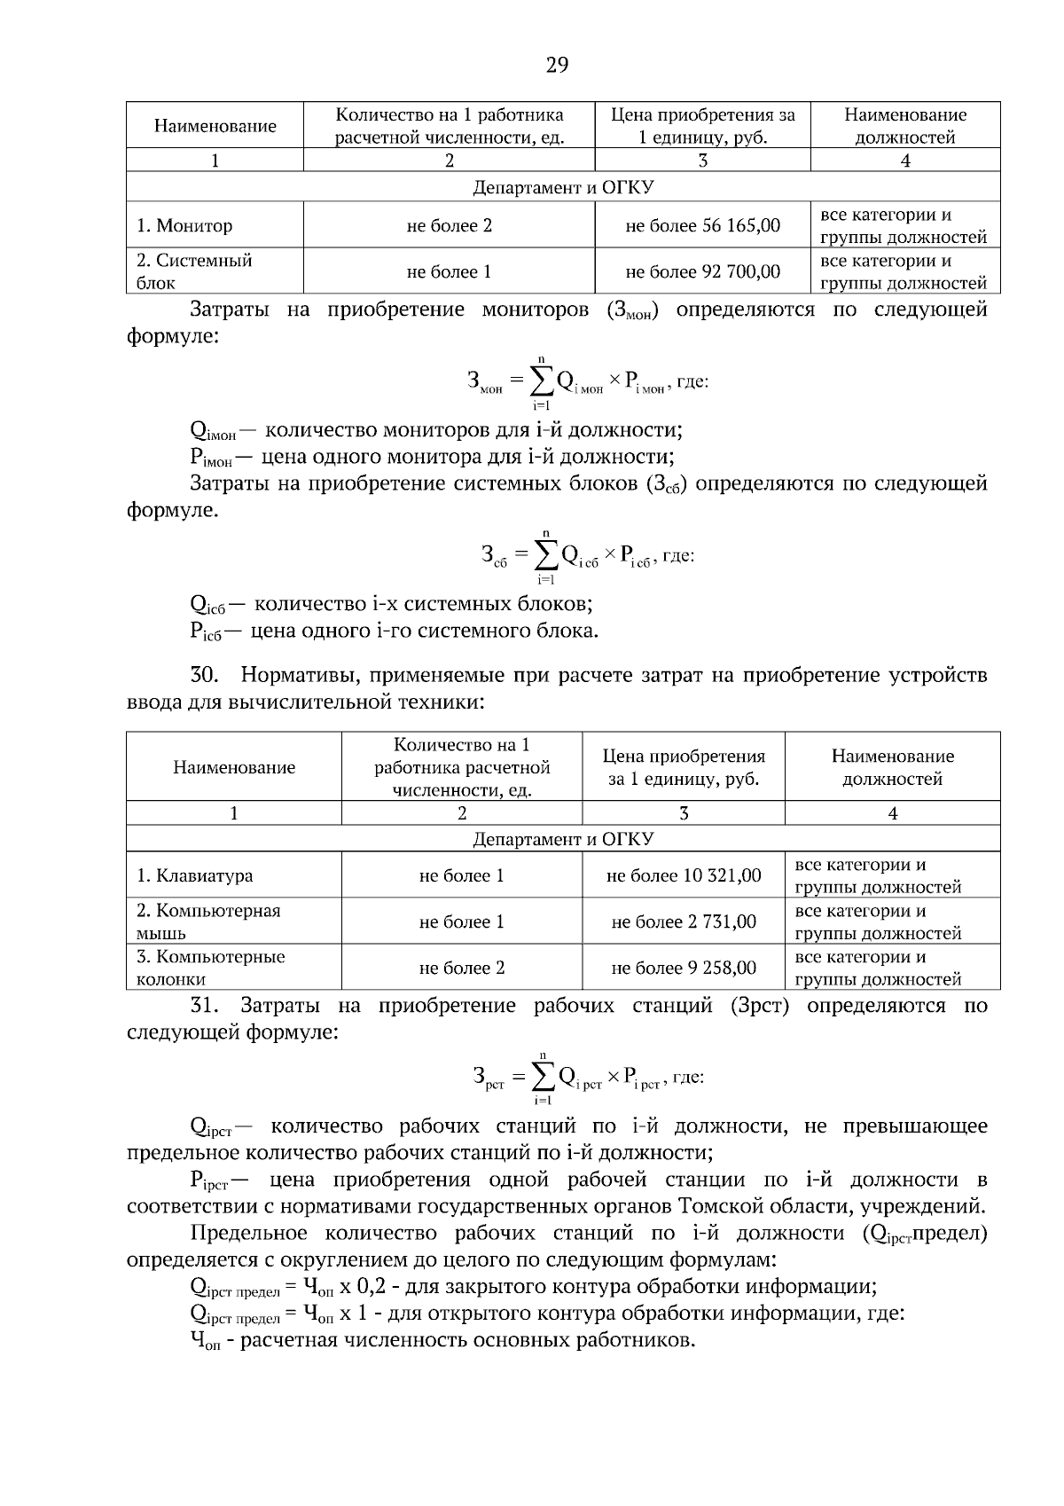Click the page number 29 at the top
(557, 65)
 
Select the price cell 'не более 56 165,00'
(702, 225)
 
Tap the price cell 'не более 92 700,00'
(702, 271)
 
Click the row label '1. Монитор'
(184, 225)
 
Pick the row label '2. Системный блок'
(194, 271)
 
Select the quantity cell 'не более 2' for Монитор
(449, 225)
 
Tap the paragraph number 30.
(204, 675)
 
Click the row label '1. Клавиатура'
(194, 875)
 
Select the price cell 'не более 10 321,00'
(683, 875)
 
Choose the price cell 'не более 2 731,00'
(683, 922)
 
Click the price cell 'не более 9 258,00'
(683, 968)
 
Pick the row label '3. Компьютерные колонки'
(210, 968)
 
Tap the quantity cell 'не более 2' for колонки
(461, 968)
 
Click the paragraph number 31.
(204, 1006)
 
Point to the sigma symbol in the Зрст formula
(544, 1077)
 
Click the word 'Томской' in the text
(715, 1206)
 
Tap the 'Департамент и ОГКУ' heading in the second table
(563, 839)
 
